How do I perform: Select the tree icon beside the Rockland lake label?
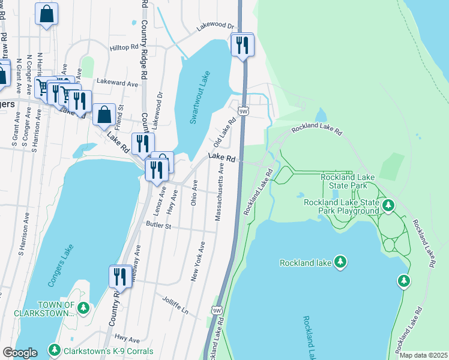(341, 262)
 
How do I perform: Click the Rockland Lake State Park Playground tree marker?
(388, 206)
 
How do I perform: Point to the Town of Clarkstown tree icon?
(83, 308)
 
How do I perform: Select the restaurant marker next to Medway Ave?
(119, 277)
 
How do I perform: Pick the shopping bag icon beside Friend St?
(104, 114)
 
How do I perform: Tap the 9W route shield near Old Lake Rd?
(243, 111)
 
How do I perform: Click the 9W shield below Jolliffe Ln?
(216, 310)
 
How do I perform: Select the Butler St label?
(158, 226)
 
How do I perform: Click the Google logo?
(20, 352)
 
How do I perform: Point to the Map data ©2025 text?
(423, 355)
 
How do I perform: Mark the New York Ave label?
(198, 261)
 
